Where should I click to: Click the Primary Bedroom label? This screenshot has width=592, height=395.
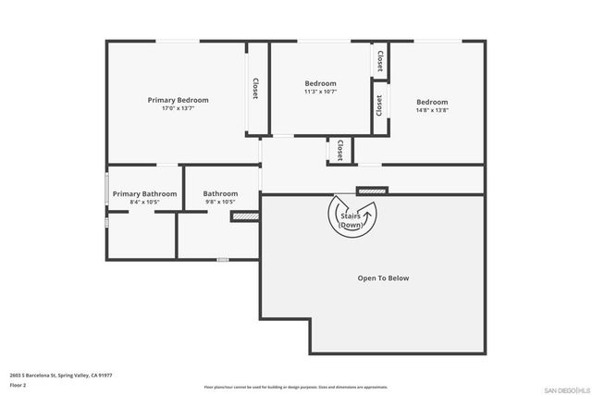click(179, 100)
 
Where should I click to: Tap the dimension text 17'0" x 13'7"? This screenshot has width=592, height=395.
click(179, 108)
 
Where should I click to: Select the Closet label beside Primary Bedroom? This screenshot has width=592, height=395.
click(255, 88)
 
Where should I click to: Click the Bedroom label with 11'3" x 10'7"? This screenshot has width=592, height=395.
click(320, 83)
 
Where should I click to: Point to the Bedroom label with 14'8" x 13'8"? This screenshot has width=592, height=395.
click(431, 102)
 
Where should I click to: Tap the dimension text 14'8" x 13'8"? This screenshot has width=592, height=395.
click(431, 110)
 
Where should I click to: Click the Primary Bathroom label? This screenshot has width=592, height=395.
click(144, 193)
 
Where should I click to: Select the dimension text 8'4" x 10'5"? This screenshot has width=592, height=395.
click(144, 202)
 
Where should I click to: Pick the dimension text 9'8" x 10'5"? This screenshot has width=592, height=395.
click(220, 202)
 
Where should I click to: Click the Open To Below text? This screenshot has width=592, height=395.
click(383, 278)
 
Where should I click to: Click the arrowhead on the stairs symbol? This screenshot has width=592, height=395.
click(367, 212)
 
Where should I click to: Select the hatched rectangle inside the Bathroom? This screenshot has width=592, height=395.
click(243, 216)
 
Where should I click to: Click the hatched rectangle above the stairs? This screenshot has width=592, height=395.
click(372, 191)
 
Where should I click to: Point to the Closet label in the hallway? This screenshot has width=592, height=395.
click(340, 150)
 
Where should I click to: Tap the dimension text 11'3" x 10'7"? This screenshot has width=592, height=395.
click(320, 92)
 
